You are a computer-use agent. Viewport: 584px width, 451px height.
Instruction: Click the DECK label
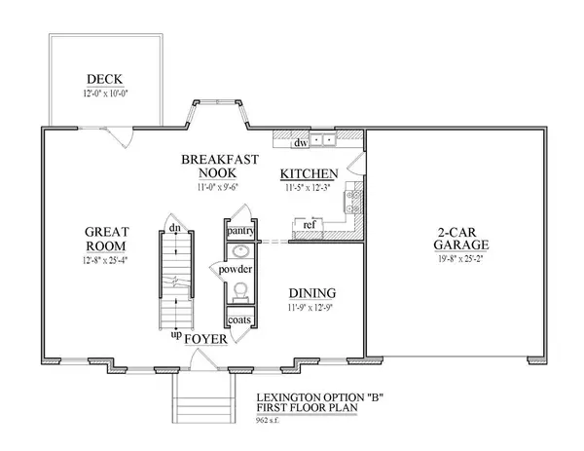pos(103,82)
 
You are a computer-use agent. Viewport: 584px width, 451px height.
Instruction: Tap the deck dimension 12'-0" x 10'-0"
pos(103,95)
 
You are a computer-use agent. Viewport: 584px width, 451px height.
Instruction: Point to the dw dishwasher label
pos(303,143)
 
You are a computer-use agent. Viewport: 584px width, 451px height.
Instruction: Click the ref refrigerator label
pos(310,225)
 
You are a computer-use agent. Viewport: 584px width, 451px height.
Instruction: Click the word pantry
pos(239,232)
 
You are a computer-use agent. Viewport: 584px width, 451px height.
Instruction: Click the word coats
pos(239,320)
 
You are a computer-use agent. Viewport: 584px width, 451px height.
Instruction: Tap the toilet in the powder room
pos(239,289)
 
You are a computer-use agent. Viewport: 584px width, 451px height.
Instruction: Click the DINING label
pos(312,293)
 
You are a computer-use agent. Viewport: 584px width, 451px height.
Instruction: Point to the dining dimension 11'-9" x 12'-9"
pos(312,308)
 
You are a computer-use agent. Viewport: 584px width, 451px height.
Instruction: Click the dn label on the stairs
pos(173,228)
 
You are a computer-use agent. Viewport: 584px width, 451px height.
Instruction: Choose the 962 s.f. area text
pos(270,420)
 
